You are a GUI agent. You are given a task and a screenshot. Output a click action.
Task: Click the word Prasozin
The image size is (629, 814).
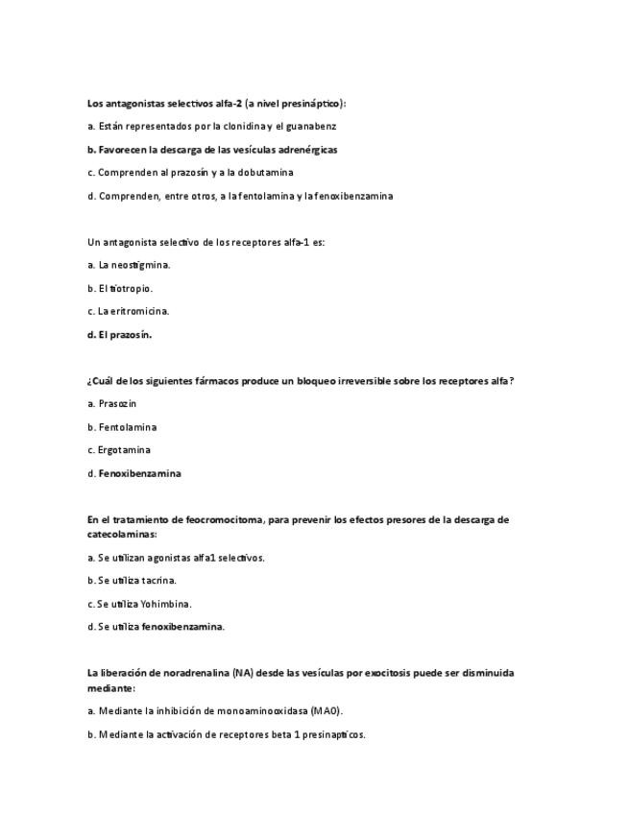tap(117, 403)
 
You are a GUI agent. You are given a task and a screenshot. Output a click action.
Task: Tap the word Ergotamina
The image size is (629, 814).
tap(124, 449)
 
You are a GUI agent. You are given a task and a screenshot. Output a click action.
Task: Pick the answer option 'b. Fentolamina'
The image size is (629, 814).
tap(121, 426)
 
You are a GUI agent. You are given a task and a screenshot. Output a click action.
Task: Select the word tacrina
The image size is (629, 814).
tap(157, 580)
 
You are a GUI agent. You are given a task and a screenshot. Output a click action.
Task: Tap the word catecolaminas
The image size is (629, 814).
tap(120, 534)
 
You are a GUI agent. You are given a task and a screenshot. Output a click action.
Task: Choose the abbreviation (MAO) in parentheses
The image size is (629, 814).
tap(325, 710)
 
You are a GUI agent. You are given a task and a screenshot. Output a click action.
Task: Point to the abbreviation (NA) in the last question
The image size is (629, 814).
tap(241, 673)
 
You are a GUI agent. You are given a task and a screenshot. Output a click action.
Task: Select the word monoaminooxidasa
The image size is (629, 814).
tap(256, 710)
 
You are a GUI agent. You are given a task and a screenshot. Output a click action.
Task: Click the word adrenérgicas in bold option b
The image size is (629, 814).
tap(306, 150)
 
